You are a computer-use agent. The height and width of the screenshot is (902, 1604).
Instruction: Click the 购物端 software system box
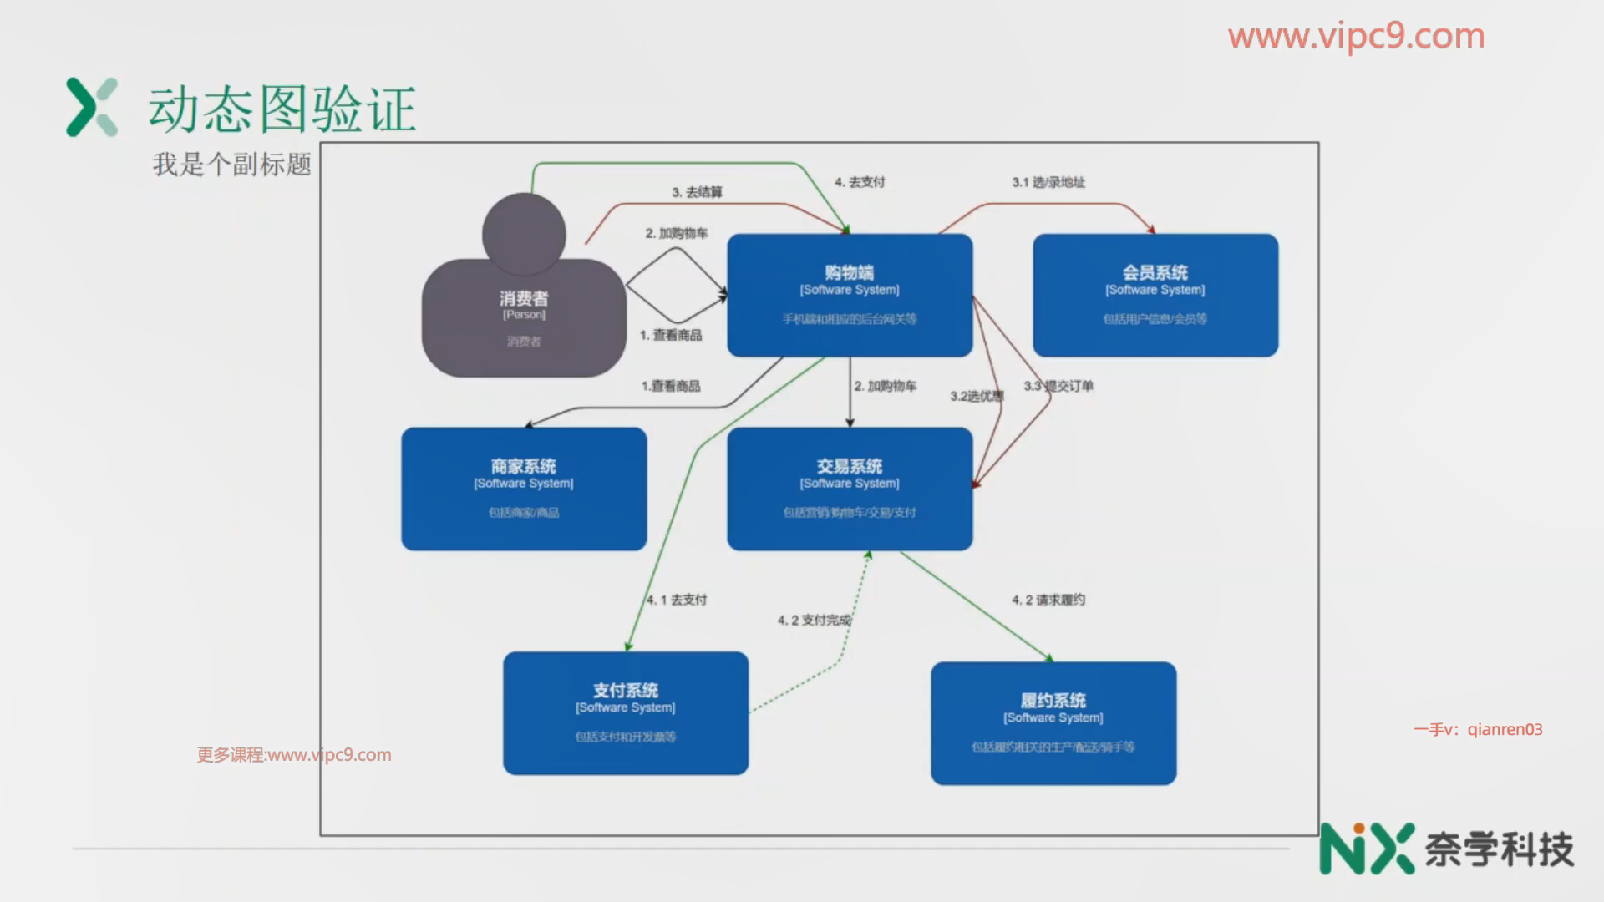pos(850,295)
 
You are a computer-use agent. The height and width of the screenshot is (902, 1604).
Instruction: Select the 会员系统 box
pos(1155,295)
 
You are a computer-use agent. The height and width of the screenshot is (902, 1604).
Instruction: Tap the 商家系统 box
pos(524,489)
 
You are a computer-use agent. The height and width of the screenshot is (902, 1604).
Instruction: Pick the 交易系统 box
pos(850,489)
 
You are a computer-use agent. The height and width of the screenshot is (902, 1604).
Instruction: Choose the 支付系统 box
pos(625,712)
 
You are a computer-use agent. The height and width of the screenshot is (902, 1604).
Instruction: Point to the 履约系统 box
pos(1053,722)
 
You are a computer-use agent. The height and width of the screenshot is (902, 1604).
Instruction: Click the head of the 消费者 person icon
pos(524,234)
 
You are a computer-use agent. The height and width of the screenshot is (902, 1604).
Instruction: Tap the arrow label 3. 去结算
pos(697,192)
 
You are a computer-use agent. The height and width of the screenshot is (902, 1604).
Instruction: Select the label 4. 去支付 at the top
pos(860,182)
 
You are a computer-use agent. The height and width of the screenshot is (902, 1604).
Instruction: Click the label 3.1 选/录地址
pos(1048,182)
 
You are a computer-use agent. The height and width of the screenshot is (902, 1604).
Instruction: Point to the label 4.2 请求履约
pos(1048,600)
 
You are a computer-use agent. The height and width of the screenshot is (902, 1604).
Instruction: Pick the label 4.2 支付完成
pos(815,620)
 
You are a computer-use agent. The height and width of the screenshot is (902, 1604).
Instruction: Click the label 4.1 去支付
pos(677,600)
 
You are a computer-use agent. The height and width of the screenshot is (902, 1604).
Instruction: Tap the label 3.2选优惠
pos(977,396)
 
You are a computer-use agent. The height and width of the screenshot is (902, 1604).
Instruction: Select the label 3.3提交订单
pos(1058,386)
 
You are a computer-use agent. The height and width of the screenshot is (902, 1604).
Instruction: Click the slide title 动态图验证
pos(282,109)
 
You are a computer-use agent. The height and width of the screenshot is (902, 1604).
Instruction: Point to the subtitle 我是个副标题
pos(231,164)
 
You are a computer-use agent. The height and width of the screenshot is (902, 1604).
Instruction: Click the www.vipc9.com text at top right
pos(1356,36)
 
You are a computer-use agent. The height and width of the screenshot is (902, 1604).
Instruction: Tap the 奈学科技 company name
pos(1499,849)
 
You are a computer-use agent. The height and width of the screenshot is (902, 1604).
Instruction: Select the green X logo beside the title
pos(92,107)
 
